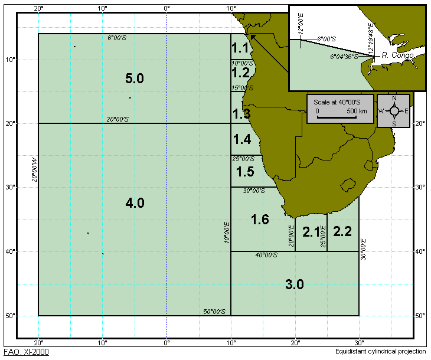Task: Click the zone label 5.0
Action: point(135,78)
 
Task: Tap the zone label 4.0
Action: point(135,203)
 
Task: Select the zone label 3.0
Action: point(295,284)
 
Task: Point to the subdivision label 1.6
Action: point(260,220)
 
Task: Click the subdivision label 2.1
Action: point(311,232)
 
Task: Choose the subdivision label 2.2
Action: point(342,232)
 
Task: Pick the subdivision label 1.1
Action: point(240,47)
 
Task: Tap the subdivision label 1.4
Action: point(242,140)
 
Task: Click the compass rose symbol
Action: point(394,110)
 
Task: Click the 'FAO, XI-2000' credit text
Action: point(26,352)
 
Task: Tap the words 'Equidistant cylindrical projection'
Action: point(380,352)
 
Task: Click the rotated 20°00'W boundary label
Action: point(34,169)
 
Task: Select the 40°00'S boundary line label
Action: point(266,255)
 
